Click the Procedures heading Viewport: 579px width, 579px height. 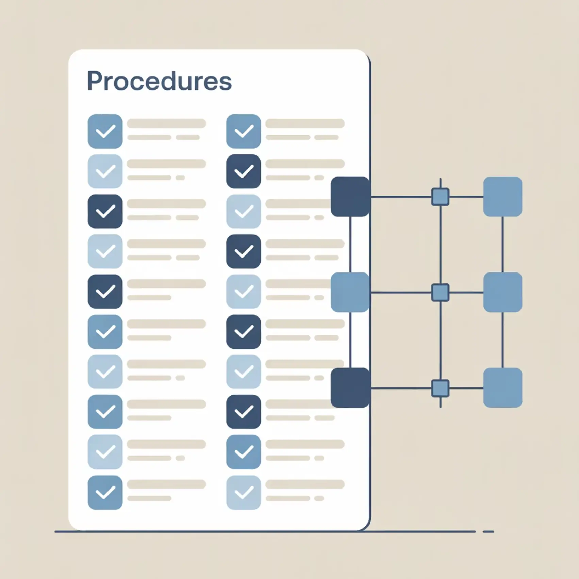(159, 82)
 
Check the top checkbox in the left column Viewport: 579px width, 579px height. (105, 131)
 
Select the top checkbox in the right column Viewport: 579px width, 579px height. (244, 131)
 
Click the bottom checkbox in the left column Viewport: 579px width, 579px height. (105, 492)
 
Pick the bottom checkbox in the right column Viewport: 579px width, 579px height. (244, 492)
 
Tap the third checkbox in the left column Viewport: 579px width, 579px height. (105, 211)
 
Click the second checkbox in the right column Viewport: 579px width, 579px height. (244, 171)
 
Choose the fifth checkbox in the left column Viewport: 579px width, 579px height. (105, 292)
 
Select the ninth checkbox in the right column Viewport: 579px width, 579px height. (244, 452)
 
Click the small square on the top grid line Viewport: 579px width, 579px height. (440, 197)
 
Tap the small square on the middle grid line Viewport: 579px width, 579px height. (440, 292)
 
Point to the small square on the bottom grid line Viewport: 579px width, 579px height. (440, 388)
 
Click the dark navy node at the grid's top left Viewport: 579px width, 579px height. (350, 197)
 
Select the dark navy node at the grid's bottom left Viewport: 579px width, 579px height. (350, 387)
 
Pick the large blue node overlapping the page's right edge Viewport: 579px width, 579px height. (350, 292)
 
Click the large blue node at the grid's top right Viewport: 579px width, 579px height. (502, 197)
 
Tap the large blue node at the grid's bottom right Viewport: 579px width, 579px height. (502, 387)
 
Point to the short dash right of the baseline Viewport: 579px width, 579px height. (488, 531)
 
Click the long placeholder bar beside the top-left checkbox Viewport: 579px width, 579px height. (166, 123)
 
